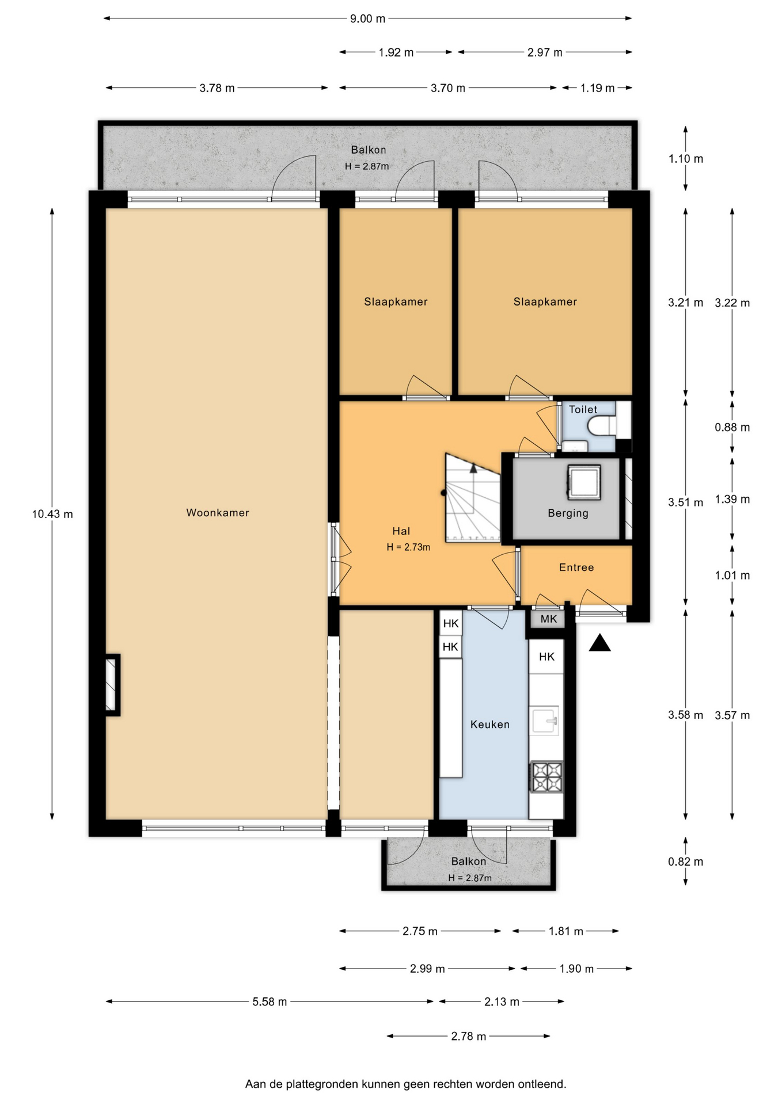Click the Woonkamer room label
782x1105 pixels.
pyautogui.click(x=218, y=513)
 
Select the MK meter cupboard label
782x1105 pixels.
pyautogui.click(x=549, y=619)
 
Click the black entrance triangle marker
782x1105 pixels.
pyautogui.click(x=599, y=643)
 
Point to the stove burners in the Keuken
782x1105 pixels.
pyautogui.click(x=546, y=777)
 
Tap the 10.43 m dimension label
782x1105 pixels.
pyautogui.click(x=52, y=514)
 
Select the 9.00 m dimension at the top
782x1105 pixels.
pyautogui.click(x=368, y=18)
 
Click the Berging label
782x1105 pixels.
pyautogui.click(x=568, y=513)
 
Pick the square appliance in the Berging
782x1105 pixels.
pyautogui.click(x=584, y=482)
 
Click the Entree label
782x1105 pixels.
pyautogui.click(x=576, y=567)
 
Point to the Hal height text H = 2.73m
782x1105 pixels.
pyautogui.click(x=408, y=547)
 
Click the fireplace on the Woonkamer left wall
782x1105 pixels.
pyautogui.click(x=112, y=685)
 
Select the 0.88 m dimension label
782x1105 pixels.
pyautogui.click(x=732, y=427)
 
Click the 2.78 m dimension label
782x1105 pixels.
pyautogui.click(x=469, y=1037)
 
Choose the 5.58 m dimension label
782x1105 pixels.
pyautogui.click(x=269, y=1002)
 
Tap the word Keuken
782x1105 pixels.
pyautogui.click(x=490, y=725)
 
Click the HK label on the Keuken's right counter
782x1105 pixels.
pyautogui.click(x=546, y=657)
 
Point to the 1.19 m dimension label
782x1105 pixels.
pyautogui.click(x=597, y=88)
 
